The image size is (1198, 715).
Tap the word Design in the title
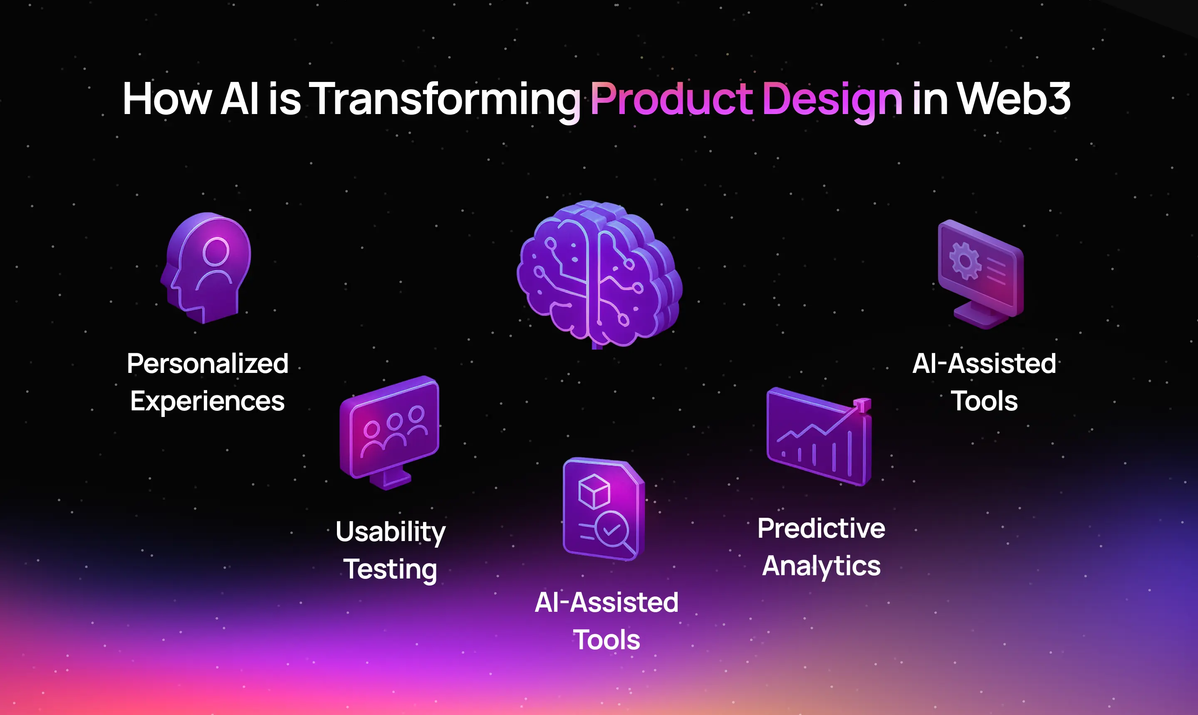point(832,101)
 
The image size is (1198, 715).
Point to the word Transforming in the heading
point(444,101)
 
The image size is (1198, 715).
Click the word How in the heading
point(167,99)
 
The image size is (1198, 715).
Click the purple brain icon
point(599,274)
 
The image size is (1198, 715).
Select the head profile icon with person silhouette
point(206,268)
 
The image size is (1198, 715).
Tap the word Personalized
point(208,363)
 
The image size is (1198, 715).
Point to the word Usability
point(391,532)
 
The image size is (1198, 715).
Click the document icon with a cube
point(603,509)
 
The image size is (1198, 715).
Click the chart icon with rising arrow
point(819,437)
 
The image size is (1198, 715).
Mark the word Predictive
point(821,529)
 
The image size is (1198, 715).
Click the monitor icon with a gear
point(981,274)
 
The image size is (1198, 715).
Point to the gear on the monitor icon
point(965,261)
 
